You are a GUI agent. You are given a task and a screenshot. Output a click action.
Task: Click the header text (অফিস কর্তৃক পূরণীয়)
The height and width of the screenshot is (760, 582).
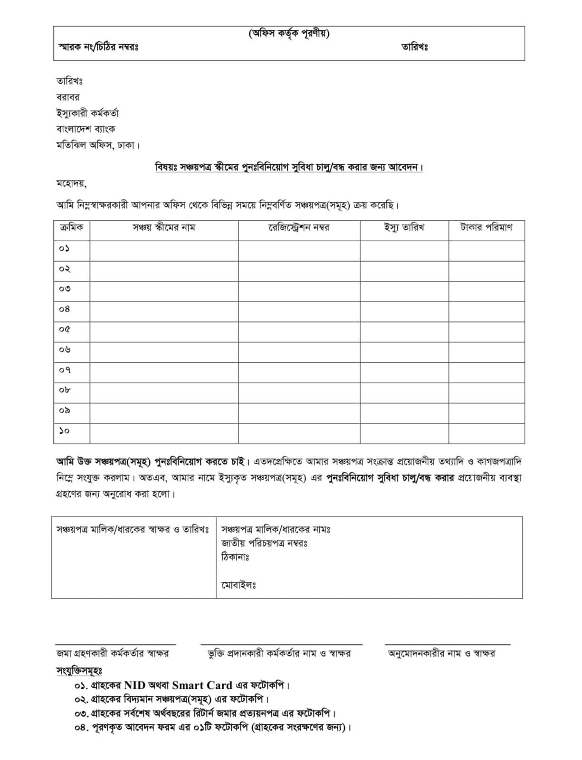pos(289,34)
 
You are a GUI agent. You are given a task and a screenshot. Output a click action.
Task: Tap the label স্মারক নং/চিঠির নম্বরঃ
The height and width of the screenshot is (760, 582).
pos(98,47)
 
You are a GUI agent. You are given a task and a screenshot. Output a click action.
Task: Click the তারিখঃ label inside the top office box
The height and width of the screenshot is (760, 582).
pos(414,47)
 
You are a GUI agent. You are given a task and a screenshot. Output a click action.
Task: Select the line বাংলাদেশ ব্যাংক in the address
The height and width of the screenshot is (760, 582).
pos(86,129)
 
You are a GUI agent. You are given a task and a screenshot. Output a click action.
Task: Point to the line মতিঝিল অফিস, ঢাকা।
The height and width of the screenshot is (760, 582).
pos(98,145)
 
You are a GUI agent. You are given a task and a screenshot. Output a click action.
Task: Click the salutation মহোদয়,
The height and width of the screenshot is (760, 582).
pos(71,183)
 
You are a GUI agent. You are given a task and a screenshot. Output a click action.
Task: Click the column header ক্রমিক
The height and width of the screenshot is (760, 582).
pos(71,227)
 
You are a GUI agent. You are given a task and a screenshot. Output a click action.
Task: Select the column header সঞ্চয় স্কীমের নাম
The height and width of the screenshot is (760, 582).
pos(163,227)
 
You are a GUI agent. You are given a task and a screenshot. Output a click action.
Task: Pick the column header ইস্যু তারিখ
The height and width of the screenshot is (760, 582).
pos(404,227)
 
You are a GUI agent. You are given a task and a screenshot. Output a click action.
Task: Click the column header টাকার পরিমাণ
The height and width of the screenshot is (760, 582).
pos(486,227)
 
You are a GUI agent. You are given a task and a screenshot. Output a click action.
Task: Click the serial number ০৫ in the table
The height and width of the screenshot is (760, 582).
pos(65,329)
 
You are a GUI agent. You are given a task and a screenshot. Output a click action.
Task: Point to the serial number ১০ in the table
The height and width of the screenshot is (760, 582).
pos(65,431)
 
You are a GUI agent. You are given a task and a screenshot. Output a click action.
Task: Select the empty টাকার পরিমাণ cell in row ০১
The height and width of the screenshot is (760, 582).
pos(486,248)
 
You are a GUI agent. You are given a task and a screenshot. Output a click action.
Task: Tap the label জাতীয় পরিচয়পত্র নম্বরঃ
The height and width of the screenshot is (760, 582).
pos(264,543)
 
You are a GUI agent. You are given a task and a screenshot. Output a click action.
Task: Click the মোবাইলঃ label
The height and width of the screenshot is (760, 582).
pos(239,585)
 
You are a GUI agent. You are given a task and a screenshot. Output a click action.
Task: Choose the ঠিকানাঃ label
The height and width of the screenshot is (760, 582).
pos(235,556)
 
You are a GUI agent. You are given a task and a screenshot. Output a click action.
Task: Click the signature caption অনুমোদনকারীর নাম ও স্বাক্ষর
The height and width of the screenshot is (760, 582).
pos(441,654)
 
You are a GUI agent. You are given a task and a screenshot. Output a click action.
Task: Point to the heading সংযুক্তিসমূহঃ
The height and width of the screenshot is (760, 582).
pos(79,671)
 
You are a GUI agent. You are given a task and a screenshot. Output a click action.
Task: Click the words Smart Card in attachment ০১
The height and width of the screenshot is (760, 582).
pos(202,685)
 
